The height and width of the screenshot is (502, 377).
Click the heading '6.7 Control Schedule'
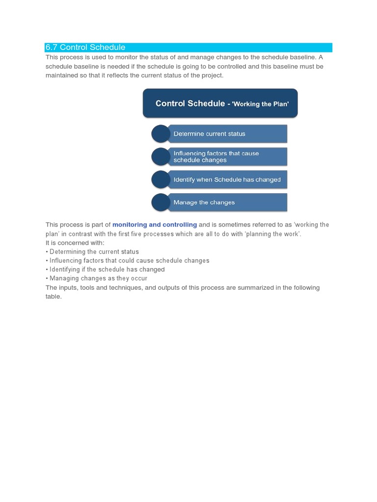point(85,48)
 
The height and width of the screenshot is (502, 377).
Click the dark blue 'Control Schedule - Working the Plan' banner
point(220,103)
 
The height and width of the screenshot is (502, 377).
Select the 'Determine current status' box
point(227,134)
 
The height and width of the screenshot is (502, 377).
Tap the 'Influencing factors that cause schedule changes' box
point(227,157)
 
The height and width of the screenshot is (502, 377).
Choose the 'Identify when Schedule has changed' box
point(227,180)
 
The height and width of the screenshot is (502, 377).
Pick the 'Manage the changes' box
point(227,202)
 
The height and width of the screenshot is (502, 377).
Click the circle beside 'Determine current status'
point(161,134)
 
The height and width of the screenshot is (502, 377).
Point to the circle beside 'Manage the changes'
point(161,202)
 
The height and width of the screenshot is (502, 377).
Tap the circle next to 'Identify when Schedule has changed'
point(161,180)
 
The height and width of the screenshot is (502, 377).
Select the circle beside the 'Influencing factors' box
point(161,157)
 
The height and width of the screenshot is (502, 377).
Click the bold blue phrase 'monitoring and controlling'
point(155,225)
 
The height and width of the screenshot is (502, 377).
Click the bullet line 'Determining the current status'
point(92,252)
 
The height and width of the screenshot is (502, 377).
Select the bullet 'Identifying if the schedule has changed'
point(105,270)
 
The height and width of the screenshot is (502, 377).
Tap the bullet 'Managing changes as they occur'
point(96,278)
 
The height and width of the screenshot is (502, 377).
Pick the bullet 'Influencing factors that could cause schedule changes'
point(128,261)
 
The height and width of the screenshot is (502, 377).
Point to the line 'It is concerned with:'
point(75,243)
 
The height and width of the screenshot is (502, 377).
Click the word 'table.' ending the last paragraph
point(54,297)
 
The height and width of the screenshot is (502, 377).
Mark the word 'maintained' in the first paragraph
point(61,75)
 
